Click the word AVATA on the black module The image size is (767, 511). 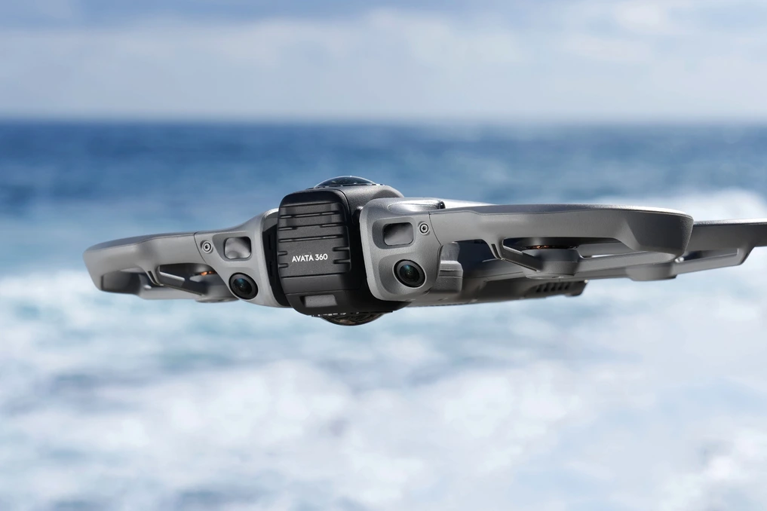point(302,259)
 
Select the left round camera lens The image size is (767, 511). point(243,286)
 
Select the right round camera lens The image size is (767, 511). point(410,273)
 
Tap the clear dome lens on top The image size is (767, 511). point(345,182)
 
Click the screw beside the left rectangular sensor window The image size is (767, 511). point(207,246)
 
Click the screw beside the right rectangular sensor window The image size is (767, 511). point(424,228)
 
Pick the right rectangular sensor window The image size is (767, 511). point(397,234)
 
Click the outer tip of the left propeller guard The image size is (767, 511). point(91,252)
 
